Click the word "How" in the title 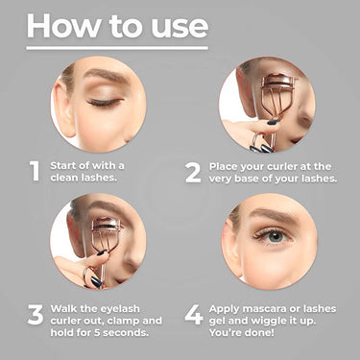[63, 26]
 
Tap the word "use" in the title [180, 28]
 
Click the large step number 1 [35, 171]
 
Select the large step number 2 [193, 173]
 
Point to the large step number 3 [36, 314]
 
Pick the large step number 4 [194, 314]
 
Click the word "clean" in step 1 [64, 178]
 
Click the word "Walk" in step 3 [63, 308]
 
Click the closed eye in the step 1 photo [105, 103]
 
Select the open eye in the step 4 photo [273, 236]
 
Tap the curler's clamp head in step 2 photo [277, 81]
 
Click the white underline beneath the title [117, 48]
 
